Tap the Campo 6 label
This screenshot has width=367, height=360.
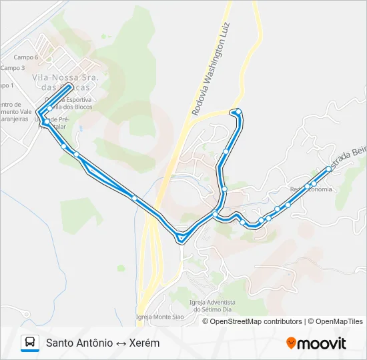(27, 58)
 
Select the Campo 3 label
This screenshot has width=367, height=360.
(13, 68)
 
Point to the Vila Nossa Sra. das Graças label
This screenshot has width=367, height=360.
(65, 83)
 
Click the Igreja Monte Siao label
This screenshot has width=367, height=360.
(158, 316)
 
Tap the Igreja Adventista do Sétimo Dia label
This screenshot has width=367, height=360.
(216, 305)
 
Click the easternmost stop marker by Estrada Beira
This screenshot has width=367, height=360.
(328, 169)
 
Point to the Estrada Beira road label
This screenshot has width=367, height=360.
(350, 157)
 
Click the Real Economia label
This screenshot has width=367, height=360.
(310, 189)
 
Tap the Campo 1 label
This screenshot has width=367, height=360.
(6, 86)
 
